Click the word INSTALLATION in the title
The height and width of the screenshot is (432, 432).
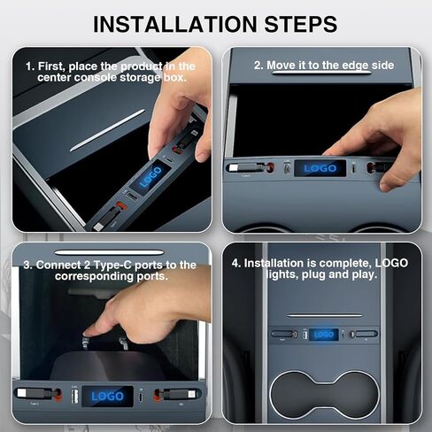click(175, 24)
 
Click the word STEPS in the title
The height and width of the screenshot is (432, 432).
click(301, 24)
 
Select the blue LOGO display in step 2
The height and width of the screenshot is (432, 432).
click(320, 168)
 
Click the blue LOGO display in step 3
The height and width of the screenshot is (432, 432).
click(107, 397)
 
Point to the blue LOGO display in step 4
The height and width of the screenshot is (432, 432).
click(324, 335)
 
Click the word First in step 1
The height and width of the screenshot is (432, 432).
click(51, 66)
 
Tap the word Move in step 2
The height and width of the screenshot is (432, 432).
click(282, 66)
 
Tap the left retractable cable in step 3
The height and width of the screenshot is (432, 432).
click(38, 394)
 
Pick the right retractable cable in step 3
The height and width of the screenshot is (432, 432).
click(176, 394)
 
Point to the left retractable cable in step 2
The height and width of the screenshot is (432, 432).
click(251, 168)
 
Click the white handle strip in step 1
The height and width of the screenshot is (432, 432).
click(107, 130)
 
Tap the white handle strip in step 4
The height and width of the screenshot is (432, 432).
click(325, 315)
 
